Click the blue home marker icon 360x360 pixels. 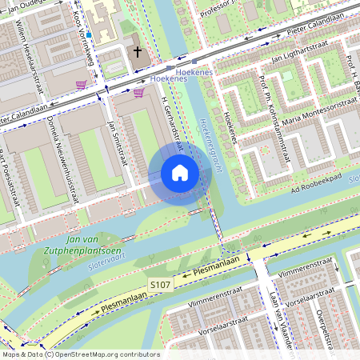point(180,173)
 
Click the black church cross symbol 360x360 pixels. point(138,53)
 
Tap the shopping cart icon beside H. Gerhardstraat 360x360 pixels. point(139,93)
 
